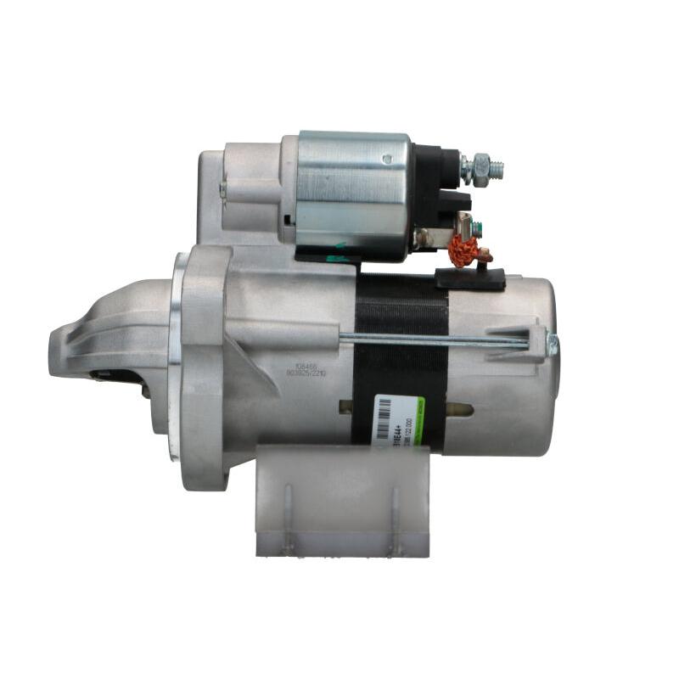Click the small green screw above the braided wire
(477, 227)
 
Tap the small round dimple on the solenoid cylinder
(387, 158)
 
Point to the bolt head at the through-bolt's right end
(553, 344)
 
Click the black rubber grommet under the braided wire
(469, 278)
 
